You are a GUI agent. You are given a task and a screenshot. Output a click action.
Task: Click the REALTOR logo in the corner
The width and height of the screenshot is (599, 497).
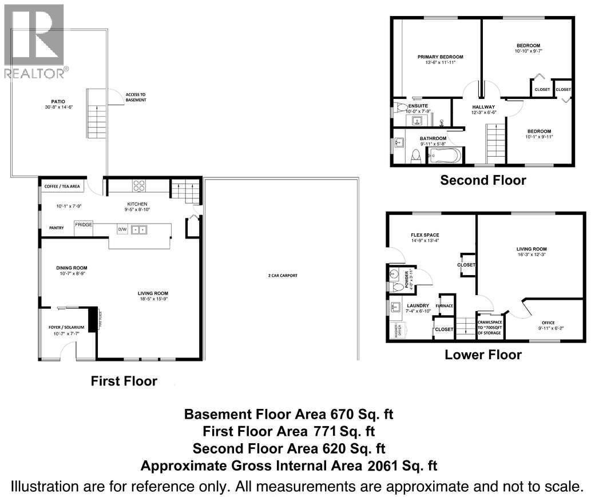point(34,40)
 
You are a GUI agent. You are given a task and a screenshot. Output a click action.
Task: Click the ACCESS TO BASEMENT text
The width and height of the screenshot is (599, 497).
point(136,97)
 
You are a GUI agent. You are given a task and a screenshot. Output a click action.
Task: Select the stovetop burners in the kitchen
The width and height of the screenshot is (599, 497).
point(139,186)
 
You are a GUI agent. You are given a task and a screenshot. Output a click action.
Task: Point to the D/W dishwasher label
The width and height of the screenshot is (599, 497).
point(122,229)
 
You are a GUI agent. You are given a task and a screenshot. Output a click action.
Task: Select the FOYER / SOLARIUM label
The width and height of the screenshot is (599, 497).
point(66,327)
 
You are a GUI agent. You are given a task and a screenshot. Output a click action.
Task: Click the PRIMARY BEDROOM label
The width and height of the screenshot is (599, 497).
point(440,57)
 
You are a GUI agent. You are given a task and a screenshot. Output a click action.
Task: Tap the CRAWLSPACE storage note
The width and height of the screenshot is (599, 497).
point(489,327)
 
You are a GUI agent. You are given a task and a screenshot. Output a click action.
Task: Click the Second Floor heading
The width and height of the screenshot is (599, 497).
point(482,180)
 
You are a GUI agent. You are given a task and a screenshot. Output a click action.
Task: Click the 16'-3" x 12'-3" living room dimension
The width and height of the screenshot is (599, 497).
point(531,256)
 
